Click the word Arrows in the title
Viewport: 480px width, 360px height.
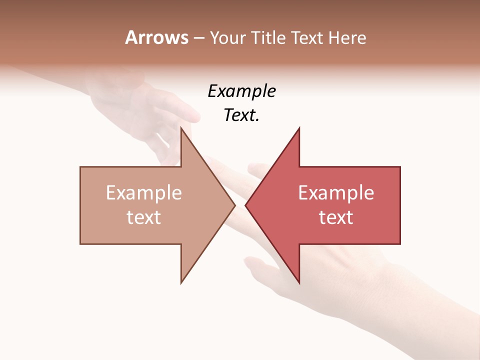(x=157, y=37)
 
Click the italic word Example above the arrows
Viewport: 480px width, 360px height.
(x=241, y=91)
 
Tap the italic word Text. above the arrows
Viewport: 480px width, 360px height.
(x=241, y=115)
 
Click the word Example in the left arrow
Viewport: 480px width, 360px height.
(x=144, y=192)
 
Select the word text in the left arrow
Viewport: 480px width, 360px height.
(x=144, y=217)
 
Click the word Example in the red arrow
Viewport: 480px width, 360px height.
(x=336, y=192)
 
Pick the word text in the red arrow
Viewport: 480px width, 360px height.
(x=336, y=217)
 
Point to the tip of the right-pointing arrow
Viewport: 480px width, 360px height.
(x=235, y=205)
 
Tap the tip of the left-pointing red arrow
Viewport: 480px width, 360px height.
(x=245, y=205)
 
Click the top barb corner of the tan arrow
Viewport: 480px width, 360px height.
(x=181, y=127)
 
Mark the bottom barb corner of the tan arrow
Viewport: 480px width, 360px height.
(x=181, y=282)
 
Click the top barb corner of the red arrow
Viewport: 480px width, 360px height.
(x=299, y=127)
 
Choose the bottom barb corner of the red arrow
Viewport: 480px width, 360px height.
(x=299, y=282)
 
